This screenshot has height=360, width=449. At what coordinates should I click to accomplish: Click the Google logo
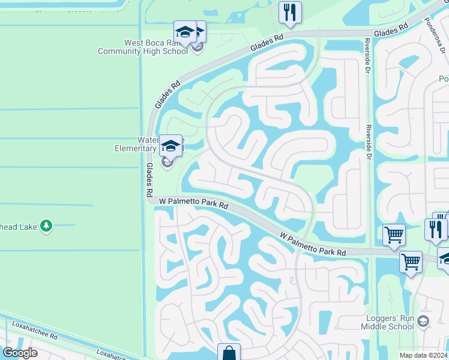click(20, 352)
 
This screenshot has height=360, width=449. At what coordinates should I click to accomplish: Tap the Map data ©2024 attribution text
click(424, 355)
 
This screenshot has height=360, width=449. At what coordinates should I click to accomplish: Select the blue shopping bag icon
click(229, 353)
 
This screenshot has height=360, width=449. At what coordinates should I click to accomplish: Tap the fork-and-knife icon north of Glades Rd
click(290, 13)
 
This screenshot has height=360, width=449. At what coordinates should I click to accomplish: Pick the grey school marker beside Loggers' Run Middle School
click(423, 322)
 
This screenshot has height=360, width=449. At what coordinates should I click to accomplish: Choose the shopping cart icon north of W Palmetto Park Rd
click(394, 235)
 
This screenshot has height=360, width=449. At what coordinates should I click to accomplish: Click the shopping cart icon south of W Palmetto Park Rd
click(411, 262)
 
